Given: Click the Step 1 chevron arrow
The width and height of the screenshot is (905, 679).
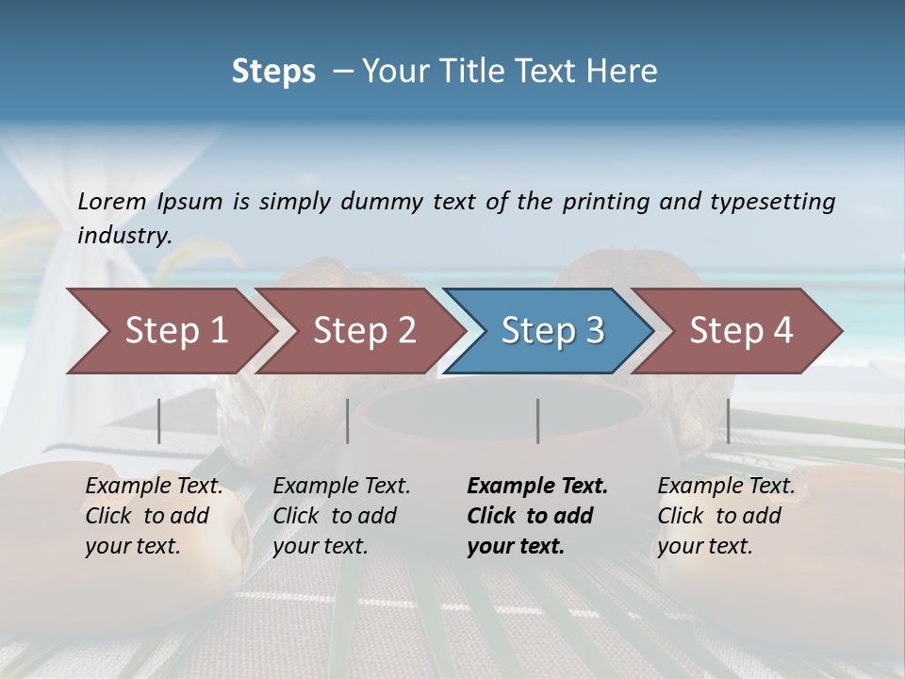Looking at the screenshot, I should pos(175,331).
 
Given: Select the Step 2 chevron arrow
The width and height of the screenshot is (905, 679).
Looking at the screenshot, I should pos(364,331).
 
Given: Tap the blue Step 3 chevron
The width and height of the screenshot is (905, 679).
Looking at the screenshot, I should pos(552,331).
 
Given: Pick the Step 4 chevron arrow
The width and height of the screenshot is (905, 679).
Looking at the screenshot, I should pos(741,331).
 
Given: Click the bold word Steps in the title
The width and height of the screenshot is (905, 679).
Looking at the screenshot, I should pos(273,72).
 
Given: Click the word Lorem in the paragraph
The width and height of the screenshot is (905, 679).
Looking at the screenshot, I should pos(111,202).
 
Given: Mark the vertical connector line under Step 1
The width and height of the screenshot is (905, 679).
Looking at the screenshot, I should pos(159,421).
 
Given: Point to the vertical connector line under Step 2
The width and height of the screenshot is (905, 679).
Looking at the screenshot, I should pos(348,421).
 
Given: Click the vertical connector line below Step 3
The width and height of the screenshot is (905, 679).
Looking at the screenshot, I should pos(538,421).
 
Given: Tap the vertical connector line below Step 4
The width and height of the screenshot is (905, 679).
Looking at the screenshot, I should pos(728,421).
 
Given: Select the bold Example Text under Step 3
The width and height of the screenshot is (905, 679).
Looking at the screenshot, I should pos(537,487).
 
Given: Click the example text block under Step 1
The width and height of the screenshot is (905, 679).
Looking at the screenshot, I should pos(154,516).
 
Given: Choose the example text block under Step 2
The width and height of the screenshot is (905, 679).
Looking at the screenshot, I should pos(341,516).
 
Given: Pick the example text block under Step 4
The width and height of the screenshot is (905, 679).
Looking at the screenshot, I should pos(726,516).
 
